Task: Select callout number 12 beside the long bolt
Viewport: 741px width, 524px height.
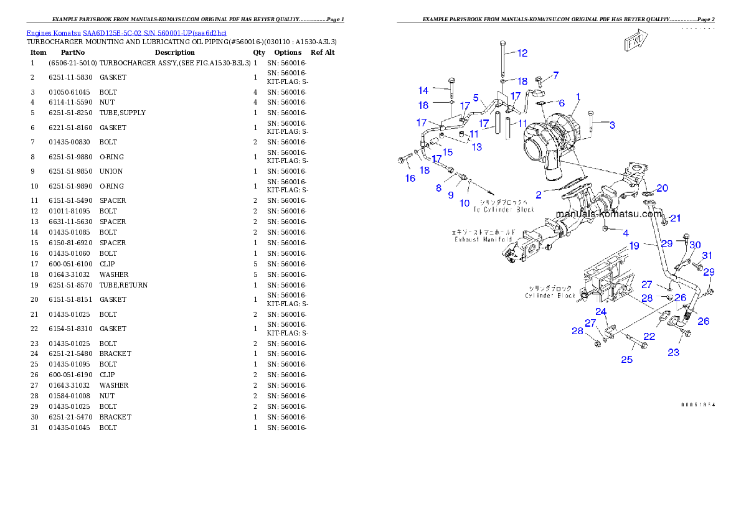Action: click(x=522, y=53)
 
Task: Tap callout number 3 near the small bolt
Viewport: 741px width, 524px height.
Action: click(x=612, y=125)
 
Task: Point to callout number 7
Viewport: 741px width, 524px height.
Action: click(x=555, y=75)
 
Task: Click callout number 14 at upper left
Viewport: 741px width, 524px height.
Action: click(x=423, y=91)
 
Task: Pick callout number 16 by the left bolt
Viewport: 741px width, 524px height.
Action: click(x=410, y=179)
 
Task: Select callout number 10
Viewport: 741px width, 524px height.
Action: click(x=465, y=203)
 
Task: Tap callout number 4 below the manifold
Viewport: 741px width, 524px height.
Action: click(x=625, y=233)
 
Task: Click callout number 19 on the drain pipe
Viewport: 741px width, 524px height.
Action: click(x=634, y=246)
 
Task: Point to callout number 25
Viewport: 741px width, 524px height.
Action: click(x=626, y=359)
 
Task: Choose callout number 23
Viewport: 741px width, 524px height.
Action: click(x=674, y=352)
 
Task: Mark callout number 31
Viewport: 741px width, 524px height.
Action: click(x=707, y=256)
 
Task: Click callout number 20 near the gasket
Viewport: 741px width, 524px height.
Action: click(x=662, y=188)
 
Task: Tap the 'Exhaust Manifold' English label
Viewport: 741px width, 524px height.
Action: click(x=483, y=239)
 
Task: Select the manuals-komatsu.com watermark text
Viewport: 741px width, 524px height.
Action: click(x=608, y=213)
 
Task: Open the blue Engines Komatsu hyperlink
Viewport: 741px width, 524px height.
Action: click(x=126, y=32)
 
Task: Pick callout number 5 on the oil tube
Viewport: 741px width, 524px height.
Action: click(x=476, y=98)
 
